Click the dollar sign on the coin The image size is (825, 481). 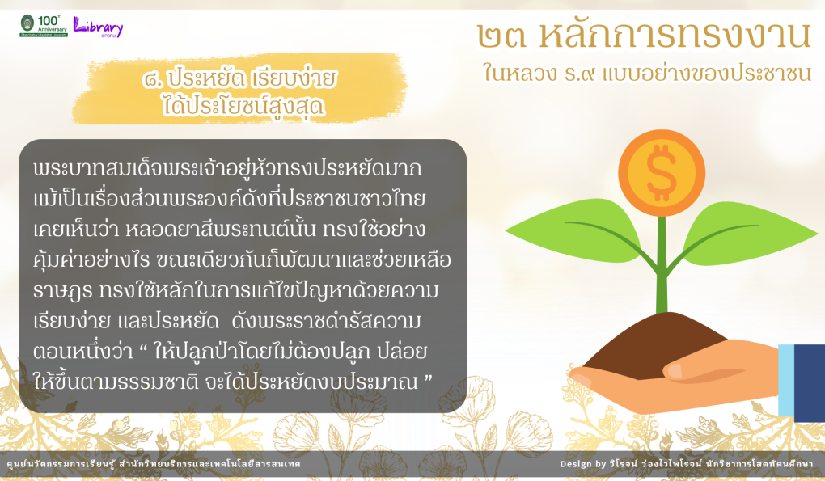pos(662,174)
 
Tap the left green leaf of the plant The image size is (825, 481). pos(579,231)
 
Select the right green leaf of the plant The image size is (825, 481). pos(747,234)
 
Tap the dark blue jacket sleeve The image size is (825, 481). pos(810,383)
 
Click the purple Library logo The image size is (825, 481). pos(98,27)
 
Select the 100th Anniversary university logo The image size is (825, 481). pos(44,25)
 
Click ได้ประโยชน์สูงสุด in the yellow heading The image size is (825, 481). pos(243,106)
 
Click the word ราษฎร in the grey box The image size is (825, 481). pos(62,291)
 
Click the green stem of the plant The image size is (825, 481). pos(662,263)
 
